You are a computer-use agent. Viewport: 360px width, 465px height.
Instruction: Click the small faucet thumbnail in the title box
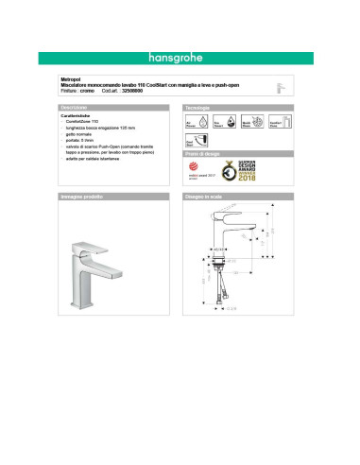tap(277, 86)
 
